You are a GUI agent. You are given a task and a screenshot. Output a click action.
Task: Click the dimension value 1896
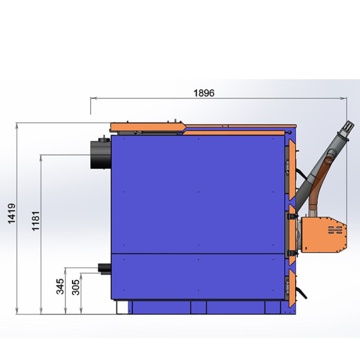204,93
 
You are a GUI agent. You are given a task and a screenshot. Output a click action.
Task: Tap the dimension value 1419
11,213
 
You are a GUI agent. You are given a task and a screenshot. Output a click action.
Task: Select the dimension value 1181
36,221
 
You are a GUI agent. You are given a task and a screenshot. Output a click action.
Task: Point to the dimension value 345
60,286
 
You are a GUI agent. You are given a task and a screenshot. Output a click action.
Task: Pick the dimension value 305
76,287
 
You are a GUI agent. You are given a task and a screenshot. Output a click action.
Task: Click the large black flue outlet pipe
101,154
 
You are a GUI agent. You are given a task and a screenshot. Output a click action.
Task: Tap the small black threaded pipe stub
104,269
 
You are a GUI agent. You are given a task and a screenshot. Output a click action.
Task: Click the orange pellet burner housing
324,235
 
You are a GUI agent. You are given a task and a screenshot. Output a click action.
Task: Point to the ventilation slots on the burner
335,230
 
